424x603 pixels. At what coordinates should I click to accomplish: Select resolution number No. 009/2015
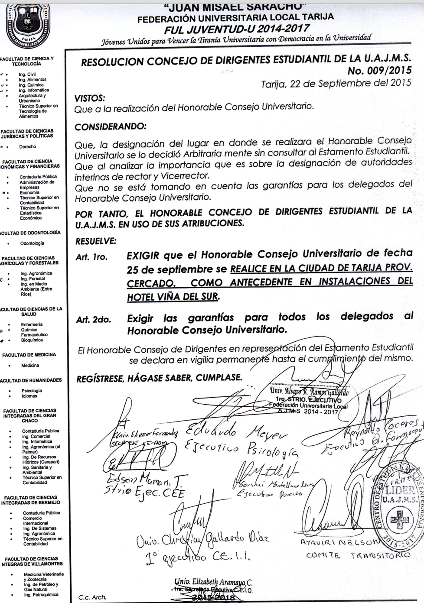379,71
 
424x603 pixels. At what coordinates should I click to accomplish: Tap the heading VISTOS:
90,99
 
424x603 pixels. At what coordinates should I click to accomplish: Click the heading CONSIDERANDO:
111,127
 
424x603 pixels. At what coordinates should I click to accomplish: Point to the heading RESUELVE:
96,241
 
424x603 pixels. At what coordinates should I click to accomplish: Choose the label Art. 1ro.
91,257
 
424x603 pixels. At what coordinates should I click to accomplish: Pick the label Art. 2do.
93,320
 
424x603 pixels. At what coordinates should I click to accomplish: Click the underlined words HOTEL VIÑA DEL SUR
173,297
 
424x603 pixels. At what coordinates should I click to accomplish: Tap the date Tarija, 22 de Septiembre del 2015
336,83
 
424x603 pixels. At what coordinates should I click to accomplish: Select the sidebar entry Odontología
32,243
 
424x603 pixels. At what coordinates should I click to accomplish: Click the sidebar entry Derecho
28,147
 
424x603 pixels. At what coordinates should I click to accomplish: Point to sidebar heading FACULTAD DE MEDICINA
29,355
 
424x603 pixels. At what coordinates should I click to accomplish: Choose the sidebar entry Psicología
32,391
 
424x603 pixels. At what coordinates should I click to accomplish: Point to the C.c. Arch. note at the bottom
92,597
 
